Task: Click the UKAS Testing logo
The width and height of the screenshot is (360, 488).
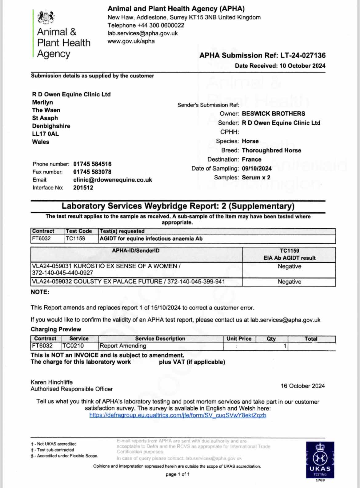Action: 320,460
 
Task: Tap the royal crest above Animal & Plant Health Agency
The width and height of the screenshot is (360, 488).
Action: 46,17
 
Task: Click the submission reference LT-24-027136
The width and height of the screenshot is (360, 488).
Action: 303,55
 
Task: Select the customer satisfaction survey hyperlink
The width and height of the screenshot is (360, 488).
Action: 178,415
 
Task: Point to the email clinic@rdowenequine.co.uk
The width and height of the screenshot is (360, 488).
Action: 113,180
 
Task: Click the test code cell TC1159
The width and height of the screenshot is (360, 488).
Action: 75,238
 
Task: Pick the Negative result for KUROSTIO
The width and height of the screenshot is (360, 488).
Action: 289,266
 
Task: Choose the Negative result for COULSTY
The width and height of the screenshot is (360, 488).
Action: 289,282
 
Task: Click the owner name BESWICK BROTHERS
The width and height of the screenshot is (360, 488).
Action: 273,114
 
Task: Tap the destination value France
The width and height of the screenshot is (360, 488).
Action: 251,159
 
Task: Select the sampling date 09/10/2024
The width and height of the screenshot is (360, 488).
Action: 257,168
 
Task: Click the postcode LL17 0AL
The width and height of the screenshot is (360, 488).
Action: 45,134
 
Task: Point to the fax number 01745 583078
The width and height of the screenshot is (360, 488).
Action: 92,172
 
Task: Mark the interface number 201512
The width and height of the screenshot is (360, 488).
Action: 83,187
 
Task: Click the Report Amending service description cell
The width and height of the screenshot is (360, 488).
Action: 123,346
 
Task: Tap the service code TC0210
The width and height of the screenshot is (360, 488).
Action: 73,346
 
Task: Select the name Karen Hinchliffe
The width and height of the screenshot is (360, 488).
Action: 52,382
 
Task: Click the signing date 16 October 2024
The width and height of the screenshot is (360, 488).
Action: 302,386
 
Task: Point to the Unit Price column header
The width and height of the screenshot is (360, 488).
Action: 239,338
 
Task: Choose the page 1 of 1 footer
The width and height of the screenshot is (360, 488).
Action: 178,474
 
